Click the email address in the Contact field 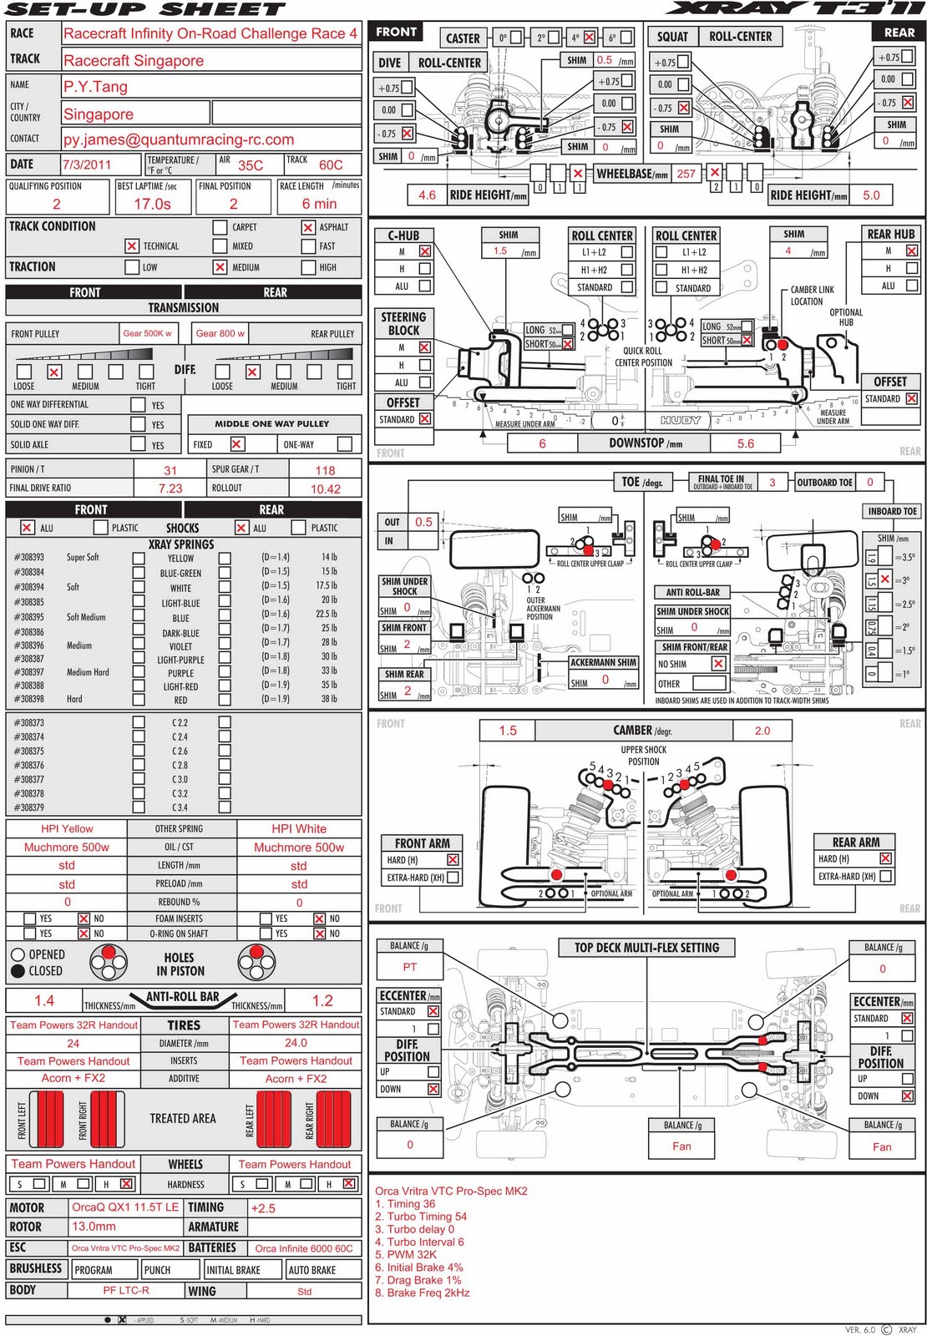pyautogui.click(x=179, y=139)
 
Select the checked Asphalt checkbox pyautogui.click(x=308, y=227)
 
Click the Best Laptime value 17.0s pyautogui.click(x=152, y=204)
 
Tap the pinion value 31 pyautogui.click(x=170, y=470)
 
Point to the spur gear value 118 pyautogui.click(x=325, y=470)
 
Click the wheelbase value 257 pyautogui.click(x=686, y=174)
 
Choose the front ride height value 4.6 pyautogui.click(x=427, y=195)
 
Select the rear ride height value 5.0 pyautogui.click(x=871, y=195)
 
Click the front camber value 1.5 pyautogui.click(x=508, y=730)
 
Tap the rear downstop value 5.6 pyautogui.click(x=746, y=443)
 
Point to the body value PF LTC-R pyautogui.click(x=126, y=1290)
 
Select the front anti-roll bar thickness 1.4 pyautogui.click(x=44, y=1000)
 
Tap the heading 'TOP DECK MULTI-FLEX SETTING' pyautogui.click(x=646, y=948)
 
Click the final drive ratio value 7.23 pyautogui.click(x=170, y=488)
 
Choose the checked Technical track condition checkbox pyautogui.click(x=131, y=245)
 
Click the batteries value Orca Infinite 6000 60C pyautogui.click(x=304, y=1248)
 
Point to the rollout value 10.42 pyautogui.click(x=325, y=488)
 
